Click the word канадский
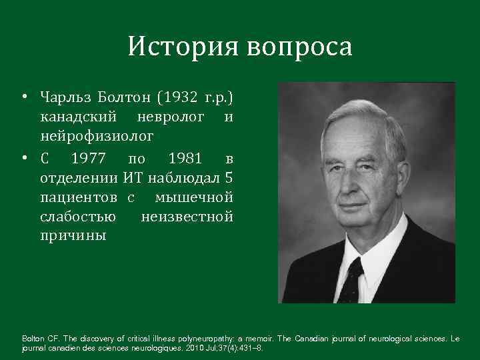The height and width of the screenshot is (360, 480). click(x=77, y=118)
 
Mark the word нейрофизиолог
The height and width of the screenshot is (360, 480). click(x=97, y=137)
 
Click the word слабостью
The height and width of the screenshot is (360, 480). click(x=78, y=217)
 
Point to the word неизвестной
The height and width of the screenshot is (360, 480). click(x=187, y=217)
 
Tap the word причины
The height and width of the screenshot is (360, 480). click(x=73, y=236)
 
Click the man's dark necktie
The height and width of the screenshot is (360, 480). click(x=351, y=280)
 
